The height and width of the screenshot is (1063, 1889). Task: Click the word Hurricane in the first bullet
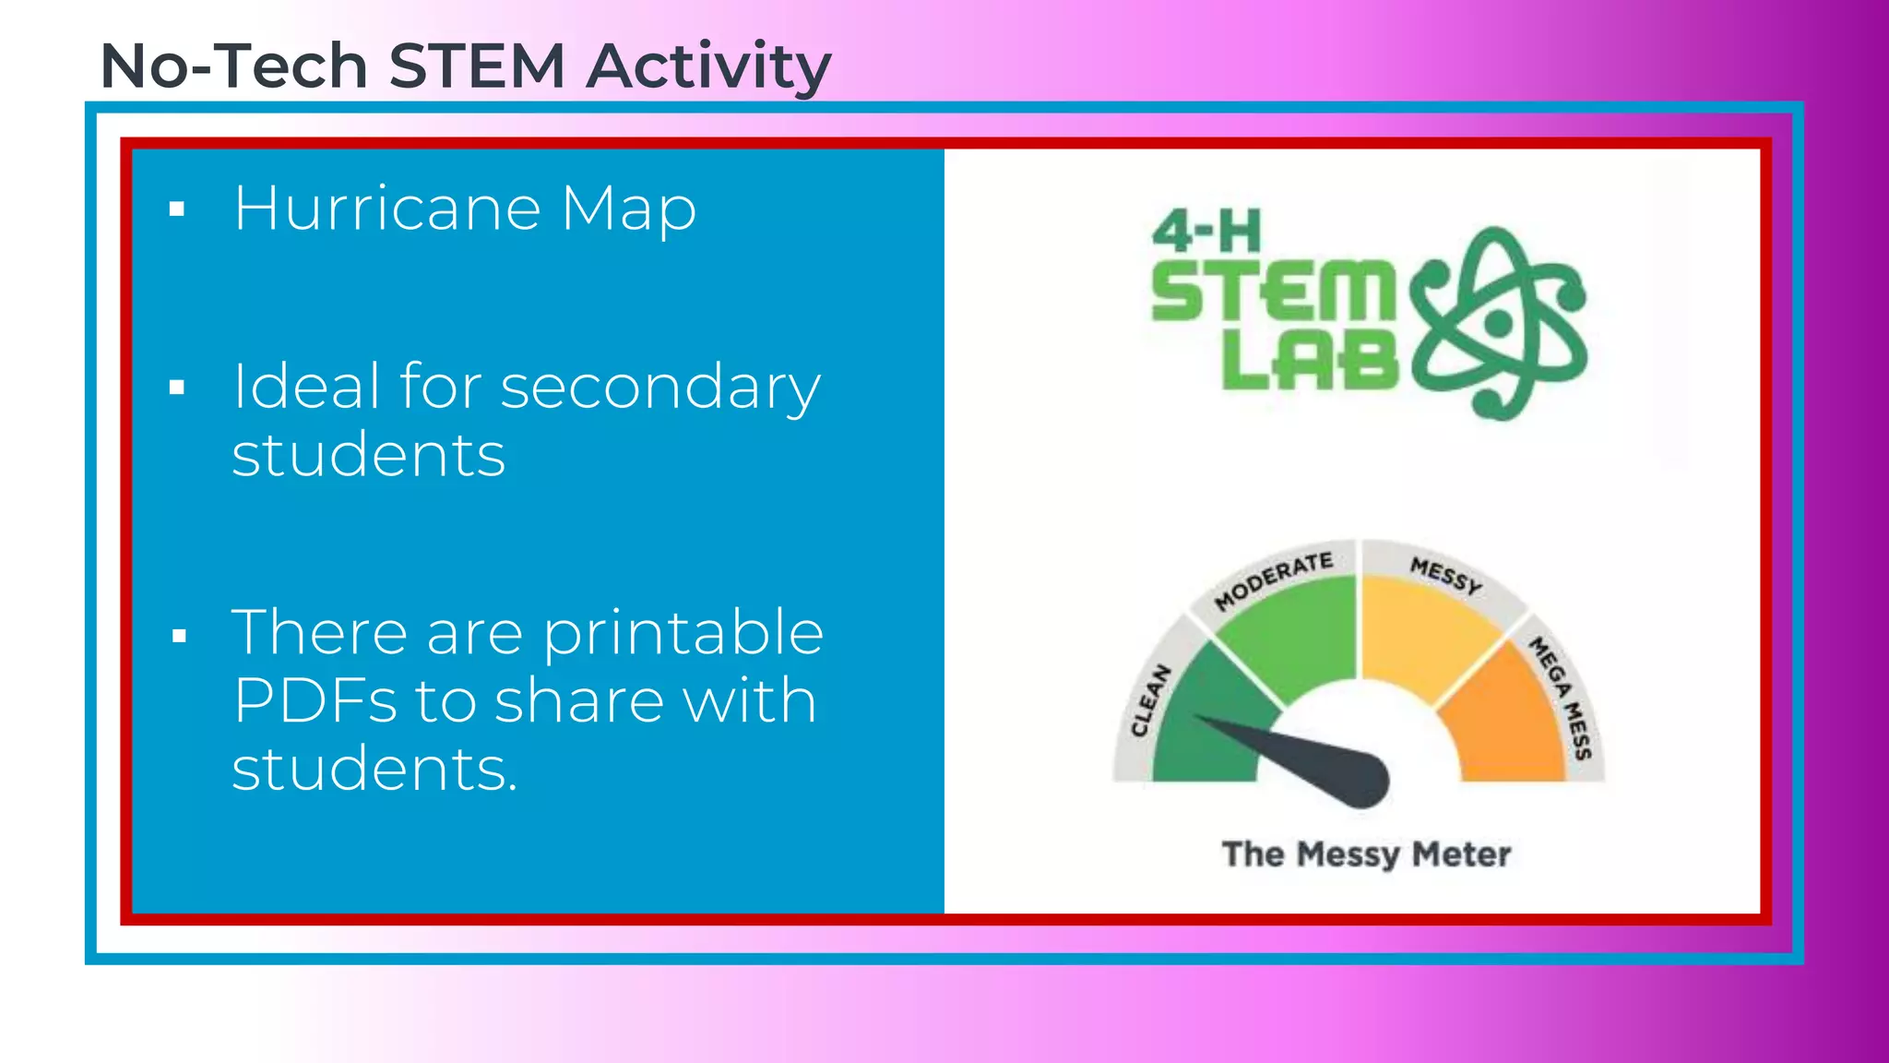(387, 209)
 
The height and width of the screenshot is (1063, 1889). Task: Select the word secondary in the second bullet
(659, 388)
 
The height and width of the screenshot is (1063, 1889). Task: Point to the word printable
(683, 635)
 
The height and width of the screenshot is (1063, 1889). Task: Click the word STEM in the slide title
(476, 66)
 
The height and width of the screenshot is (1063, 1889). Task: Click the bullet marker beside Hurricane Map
(177, 209)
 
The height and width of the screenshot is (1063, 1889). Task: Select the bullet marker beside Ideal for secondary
(177, 388)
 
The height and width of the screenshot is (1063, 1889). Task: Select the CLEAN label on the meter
(1150, 701)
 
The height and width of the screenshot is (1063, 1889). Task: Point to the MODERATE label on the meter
(1273, 581)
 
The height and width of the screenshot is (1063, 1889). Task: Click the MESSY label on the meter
(1445, 576)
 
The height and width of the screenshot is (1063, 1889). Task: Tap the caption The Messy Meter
(1365, 854)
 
